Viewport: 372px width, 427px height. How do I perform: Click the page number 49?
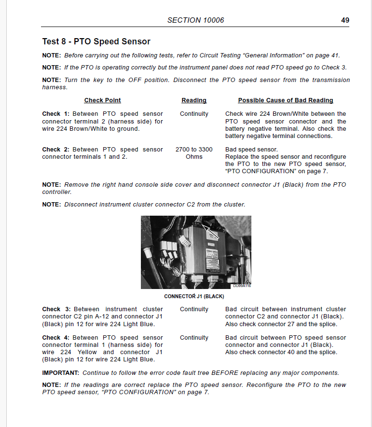point(345,20)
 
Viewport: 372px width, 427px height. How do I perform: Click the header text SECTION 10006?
point(195,20)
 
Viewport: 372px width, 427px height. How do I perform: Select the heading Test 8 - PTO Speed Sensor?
point(96,41)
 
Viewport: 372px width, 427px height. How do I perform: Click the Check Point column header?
point(102,100)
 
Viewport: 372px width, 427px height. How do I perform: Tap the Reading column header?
point(194,100)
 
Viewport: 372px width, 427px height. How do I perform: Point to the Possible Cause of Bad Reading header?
point(286,100)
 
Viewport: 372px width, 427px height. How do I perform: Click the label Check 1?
point(56,114)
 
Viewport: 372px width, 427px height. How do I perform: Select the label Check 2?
point(56,150)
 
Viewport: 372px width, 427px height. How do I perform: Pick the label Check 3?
point(56,309)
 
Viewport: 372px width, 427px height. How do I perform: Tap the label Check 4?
point(56,338)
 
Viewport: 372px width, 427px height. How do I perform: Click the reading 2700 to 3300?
point(194,150)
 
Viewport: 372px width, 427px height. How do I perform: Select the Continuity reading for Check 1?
point(194,114)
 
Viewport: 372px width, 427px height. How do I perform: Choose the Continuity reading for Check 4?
point(194,338)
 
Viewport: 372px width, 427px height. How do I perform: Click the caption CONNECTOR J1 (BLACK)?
point(194,296)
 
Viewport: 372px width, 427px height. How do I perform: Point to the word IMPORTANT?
point(61,373)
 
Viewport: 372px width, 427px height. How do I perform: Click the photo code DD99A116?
point(242,286)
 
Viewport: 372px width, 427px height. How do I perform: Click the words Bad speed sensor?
point(251,150)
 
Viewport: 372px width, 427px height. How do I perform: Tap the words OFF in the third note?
point(135,80)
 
